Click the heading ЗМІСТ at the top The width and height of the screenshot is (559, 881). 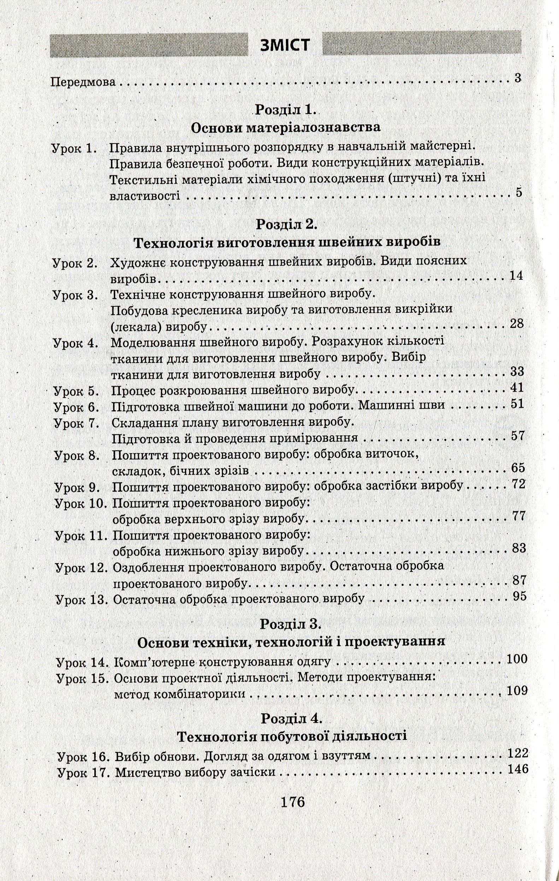pyautogui.click(x=285, y=46)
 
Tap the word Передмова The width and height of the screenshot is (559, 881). pyautogui.click(x=83, y=82)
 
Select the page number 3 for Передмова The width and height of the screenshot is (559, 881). pyautogui.click(x=517, y=78)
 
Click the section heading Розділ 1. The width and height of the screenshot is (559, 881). pyautogui.click(x=285, y=110)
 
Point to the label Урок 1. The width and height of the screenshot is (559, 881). pyautogui.click(x=75, y=149)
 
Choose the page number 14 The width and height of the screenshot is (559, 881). pyautogui.click(x=517, y=276)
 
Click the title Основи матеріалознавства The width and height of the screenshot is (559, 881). pyautogui.click(x=286, y=128)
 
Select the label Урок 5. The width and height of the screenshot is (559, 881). pyautogui.click(x=77, y=391)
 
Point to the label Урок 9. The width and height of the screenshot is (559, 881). pyautogui.click(x=77, y=488)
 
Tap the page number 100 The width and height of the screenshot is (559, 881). pyautogui.click(x=517, y=659)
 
